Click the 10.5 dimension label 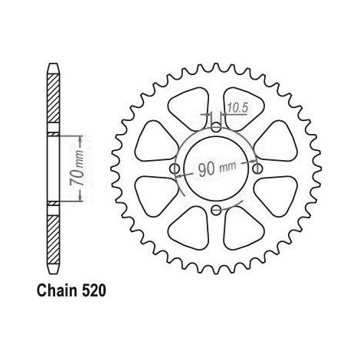click(x=237, y=108)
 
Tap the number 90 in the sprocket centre click(x=207, y=169)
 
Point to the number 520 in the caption click(x=93, y=291)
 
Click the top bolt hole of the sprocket click(x=216, y=127)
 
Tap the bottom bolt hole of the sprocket click(x=216, y=210)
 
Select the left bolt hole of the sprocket click(x=175, y=169)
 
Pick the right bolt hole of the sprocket click(x=257, y=169)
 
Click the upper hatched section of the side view click(x=54, y=99)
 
